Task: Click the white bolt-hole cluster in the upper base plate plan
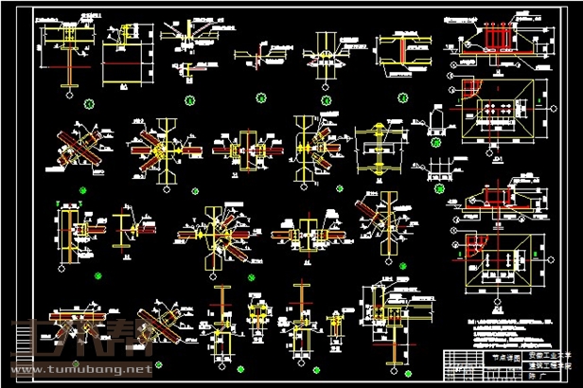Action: coord(494,110)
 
